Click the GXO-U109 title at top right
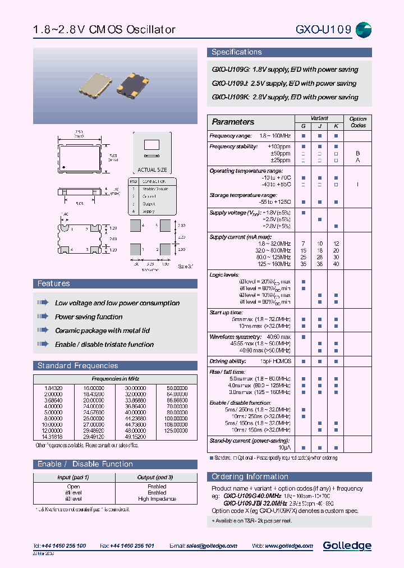click(x=323, y=30)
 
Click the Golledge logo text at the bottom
click(x=347, y=545)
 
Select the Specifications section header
click(x=236, y=52)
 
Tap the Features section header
click(x=54, y=283)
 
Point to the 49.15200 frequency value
click(x=135, y=436)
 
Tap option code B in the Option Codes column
click(x=357, y=153)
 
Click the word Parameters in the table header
click(x=233, y=122)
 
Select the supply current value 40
click(x=336, y=263)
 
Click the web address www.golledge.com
click(x=286, y=546)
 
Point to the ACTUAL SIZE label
click(x=151, y=170)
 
